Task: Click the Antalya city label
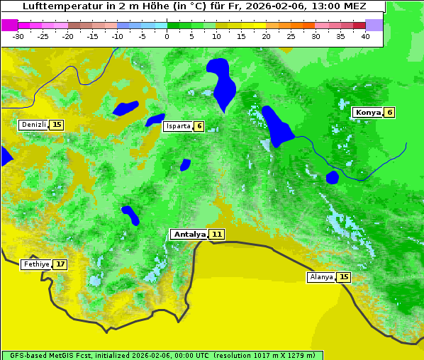(189, 234)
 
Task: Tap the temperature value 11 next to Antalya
(217, 234)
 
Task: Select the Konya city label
(368, 112)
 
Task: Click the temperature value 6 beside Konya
(389, 112)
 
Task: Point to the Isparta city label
(178, 126)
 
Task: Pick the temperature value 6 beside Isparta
(199, 126)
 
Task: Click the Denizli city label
(34, 125)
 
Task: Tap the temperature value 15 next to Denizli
(57, 125)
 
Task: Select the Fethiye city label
(36, 264)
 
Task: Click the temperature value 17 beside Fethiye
(60, 264)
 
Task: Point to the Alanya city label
(321, 277)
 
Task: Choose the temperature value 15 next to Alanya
(344, 277)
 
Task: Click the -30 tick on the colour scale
(18, 36)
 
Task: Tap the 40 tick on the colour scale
(365, 36)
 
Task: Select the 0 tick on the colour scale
(167, 36)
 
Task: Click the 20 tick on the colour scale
(266, 36)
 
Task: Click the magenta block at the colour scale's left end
(9, 25)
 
